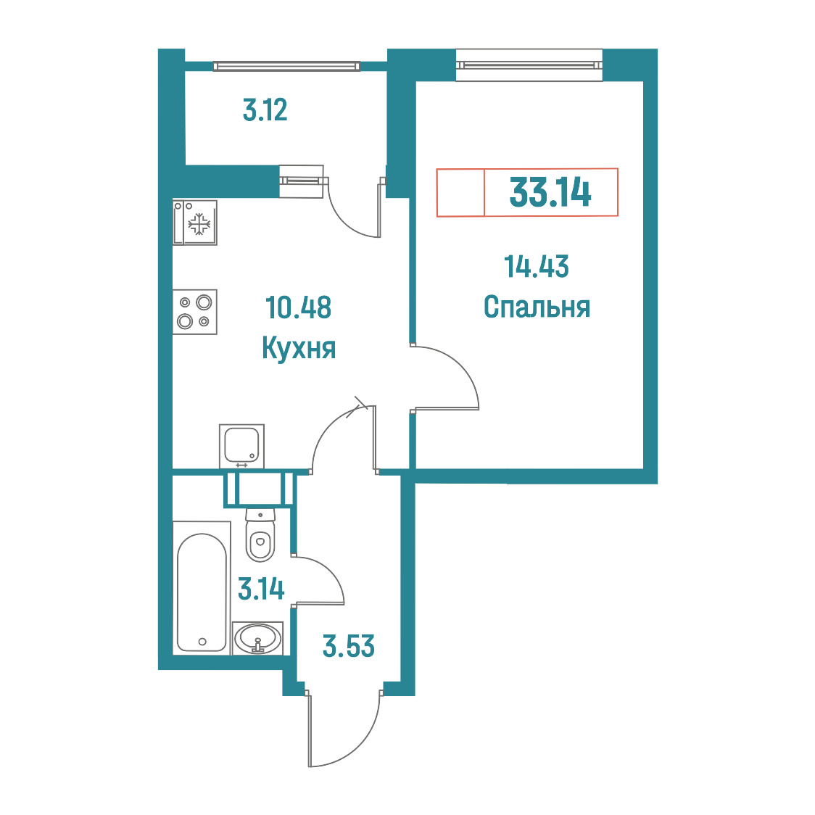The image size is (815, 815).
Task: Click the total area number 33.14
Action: click(x=550, y=192)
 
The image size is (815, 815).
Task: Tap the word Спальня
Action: click(x=537, y=307)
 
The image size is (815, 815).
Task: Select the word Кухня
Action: click(x=299, y=348)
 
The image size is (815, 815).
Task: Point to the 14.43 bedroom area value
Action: click(x=537, y=266)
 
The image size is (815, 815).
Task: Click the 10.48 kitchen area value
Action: click(x=298, y=307)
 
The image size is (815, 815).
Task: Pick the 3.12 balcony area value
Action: click(x=265, y=110)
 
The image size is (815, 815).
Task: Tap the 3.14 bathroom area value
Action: click(x=261, y=589)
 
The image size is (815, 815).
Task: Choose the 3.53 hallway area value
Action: click(x=348, y=646)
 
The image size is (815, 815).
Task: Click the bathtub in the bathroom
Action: click(x=202, y=588)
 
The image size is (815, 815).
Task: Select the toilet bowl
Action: click(x=260, y=535)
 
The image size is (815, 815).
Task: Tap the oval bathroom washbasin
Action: click(x=258, y=638)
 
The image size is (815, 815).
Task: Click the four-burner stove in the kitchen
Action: click(x=195, y=312)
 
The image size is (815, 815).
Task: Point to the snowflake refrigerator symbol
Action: click(x=199, y=225)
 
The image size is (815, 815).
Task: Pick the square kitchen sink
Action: click(x=241, y=447)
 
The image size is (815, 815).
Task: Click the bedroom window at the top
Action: click(x=529, y=65)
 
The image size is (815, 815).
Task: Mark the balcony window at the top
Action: click(x=286, y=66)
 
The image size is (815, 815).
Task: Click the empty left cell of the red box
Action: click(x=460, y=192)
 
